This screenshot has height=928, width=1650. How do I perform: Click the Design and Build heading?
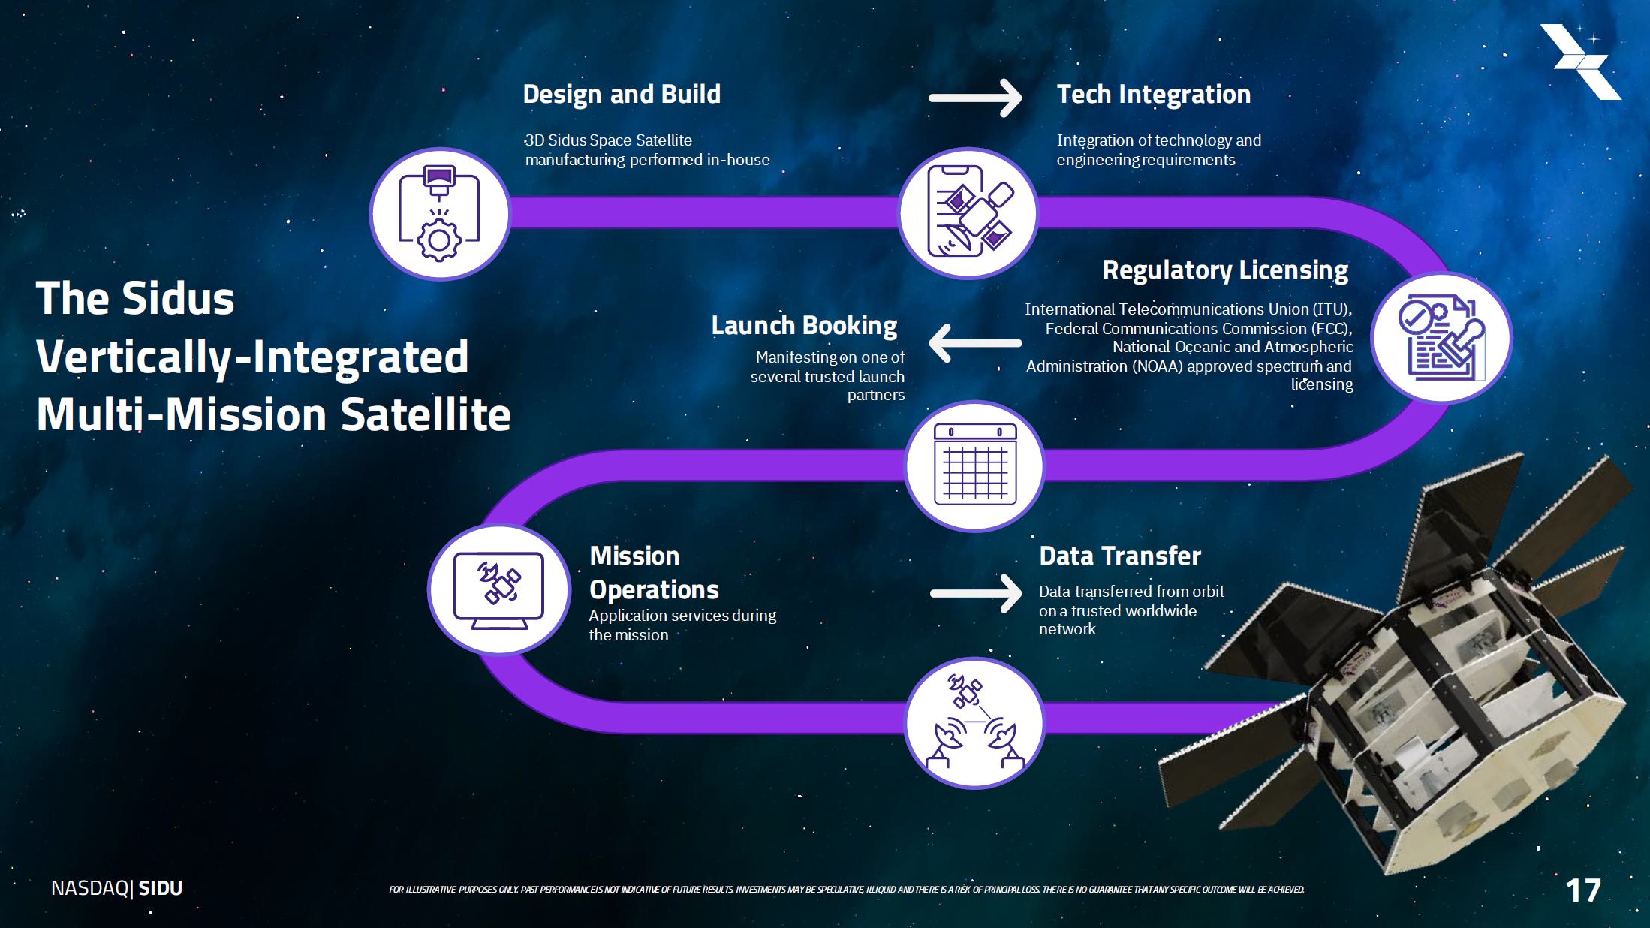pyautogui.click(x=622, y=95)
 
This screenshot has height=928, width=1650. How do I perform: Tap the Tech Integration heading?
pyautogui.click(x=1154, y=95)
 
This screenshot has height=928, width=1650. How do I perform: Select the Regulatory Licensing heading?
pyautogui.click(x=1225, y=270)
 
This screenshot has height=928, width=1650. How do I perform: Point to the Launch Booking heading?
pyautogui.click(x=804, y=326)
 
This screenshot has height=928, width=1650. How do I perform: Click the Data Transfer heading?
pyautogui.click(x=1120, y=556)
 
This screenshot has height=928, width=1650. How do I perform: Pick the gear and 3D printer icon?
pyautogui.click(x=440, y=214)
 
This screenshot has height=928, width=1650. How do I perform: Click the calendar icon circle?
pyautogui.click(x=974, y=466)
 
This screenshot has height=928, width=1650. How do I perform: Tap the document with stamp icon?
pyautogui.click(x=1441, y=338)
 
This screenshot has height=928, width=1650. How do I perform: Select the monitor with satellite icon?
pyautogui.click(x=498, y=590)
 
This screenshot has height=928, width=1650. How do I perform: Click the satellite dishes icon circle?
pyautogui.click(x=974, y=723)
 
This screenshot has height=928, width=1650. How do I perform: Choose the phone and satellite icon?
pyautogui.click(x=969, y=213)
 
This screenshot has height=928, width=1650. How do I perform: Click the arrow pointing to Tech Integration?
pyautogui.click(x=975, y=98)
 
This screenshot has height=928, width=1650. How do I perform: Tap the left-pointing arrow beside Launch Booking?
pyautogui.click(x=975, y=343)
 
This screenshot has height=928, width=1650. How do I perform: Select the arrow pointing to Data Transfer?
pyautogui.click(x=976, y=594)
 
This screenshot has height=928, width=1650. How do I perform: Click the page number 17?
pyautogui.click(x=1583, y=891)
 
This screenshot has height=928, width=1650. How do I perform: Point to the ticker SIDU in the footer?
pyautogui.click(x=161, y=888)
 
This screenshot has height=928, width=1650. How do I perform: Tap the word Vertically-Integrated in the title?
pyautogui.click(x=252, y=357)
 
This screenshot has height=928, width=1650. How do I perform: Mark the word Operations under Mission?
pyautogui.click(x=654, y=590)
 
